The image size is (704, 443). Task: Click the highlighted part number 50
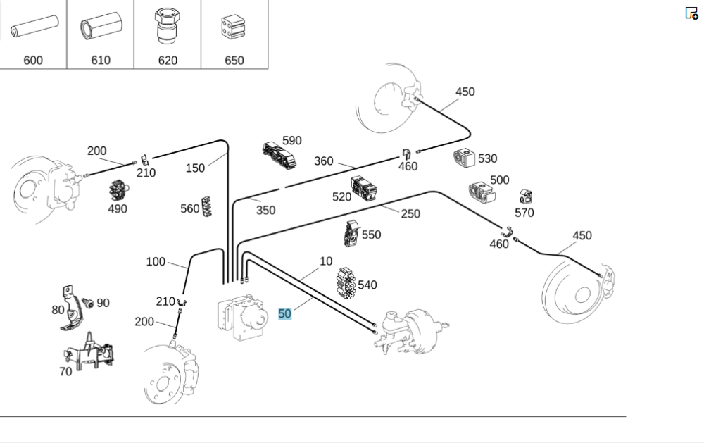pyautogui.click(x=284, y=314)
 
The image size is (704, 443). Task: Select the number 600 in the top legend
pyautogui.click(x=33, y=61)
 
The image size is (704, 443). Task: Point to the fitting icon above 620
pyautogui.click(x=167, y=27)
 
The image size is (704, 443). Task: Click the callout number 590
pyautogui.click(x=291, y=141)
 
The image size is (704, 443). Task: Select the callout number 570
pyautogui.click(x=524, y=213)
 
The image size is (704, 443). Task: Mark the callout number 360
pyautogui.click(x=323, y=161)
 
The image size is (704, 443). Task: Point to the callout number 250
pyautogui.click(x=410, y=214)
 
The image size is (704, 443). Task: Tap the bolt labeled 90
pyautogui.click(x=89, y=303)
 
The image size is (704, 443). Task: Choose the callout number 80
pyautogui.click(x=58, y=309)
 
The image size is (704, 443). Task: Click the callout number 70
pyautogui.click(x=65, y=371)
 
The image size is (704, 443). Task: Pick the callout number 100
pyautogui.click(x=156, y=262)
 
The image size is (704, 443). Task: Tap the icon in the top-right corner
pyautogui.click(x=691, y=13)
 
